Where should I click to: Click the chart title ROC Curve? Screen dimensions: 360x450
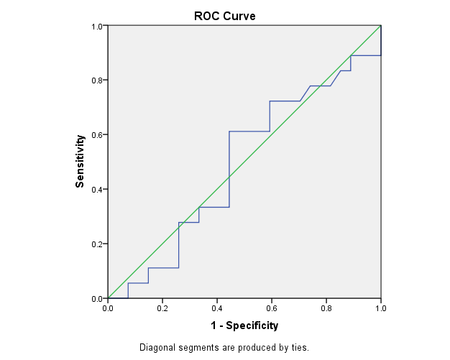[224, 16]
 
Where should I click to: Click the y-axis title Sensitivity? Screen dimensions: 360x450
[81, 162]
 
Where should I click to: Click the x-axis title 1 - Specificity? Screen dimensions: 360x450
[244, 326]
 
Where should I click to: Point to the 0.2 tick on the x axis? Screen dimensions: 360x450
[162, 308]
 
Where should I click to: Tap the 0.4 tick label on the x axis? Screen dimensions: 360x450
[217, 308]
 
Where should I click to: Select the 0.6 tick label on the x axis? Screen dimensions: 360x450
[272, 308]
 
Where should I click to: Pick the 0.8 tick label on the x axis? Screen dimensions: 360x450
[326, 308]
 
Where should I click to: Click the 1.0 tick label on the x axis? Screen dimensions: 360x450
[381, 308]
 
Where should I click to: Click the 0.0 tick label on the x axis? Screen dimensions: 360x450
[108, 308]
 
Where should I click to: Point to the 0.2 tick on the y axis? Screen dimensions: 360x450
[97, 244]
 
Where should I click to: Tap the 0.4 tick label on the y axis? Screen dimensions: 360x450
[97, 189]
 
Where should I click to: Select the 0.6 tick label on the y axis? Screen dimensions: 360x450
[97, 134]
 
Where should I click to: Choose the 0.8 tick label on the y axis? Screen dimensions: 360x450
[97, 80]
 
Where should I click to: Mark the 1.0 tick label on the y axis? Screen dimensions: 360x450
[97, 26]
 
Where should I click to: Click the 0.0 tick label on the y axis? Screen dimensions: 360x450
[97, 297]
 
